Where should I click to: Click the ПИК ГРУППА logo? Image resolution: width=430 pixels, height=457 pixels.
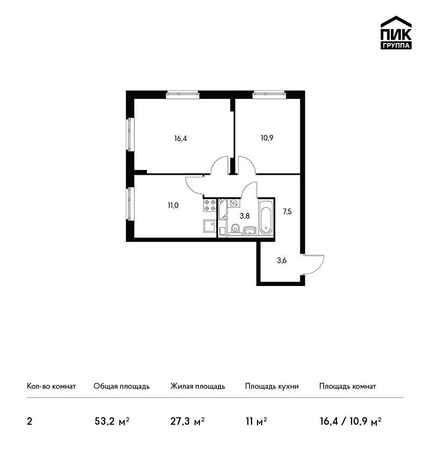click(x=396, y=33)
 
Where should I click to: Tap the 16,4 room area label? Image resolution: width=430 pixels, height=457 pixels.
click(x=181, y=138)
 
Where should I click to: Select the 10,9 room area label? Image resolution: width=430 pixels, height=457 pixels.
click(x=267, y=138)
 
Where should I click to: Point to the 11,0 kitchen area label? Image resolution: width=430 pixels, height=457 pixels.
click(x=173, y=206)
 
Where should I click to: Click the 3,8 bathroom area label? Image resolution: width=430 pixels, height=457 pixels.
click(x=245, y=216)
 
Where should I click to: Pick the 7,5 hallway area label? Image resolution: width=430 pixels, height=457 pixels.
click(x=287, y=212)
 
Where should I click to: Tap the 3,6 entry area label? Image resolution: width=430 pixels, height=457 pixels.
click(x=282, y=261)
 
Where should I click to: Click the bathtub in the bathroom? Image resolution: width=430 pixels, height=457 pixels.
click(x=266, y=217)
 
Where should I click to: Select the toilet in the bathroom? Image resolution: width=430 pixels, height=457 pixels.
click(x=235, y=229)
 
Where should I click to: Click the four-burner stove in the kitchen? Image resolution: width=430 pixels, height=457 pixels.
click(x=210, y=205)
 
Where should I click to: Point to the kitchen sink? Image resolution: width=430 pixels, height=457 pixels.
click(x=210, y=226)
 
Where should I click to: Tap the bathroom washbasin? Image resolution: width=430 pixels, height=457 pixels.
click(x=249, y=231)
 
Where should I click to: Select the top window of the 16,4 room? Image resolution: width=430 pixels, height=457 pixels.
click(x=183, y=94)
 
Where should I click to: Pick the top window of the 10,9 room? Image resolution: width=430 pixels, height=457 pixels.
click(x=269, y=94)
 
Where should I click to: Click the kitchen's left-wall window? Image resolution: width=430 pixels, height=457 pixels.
click(x=130, y=204)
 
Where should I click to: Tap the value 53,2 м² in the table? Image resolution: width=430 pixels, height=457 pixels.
click(x=112, y=422)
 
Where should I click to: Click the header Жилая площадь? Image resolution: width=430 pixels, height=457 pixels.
click(x=197, y=386)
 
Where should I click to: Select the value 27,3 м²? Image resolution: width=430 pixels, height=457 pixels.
click(x=188, y=422)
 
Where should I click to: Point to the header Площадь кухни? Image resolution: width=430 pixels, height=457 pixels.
click(x=272, y=386)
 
